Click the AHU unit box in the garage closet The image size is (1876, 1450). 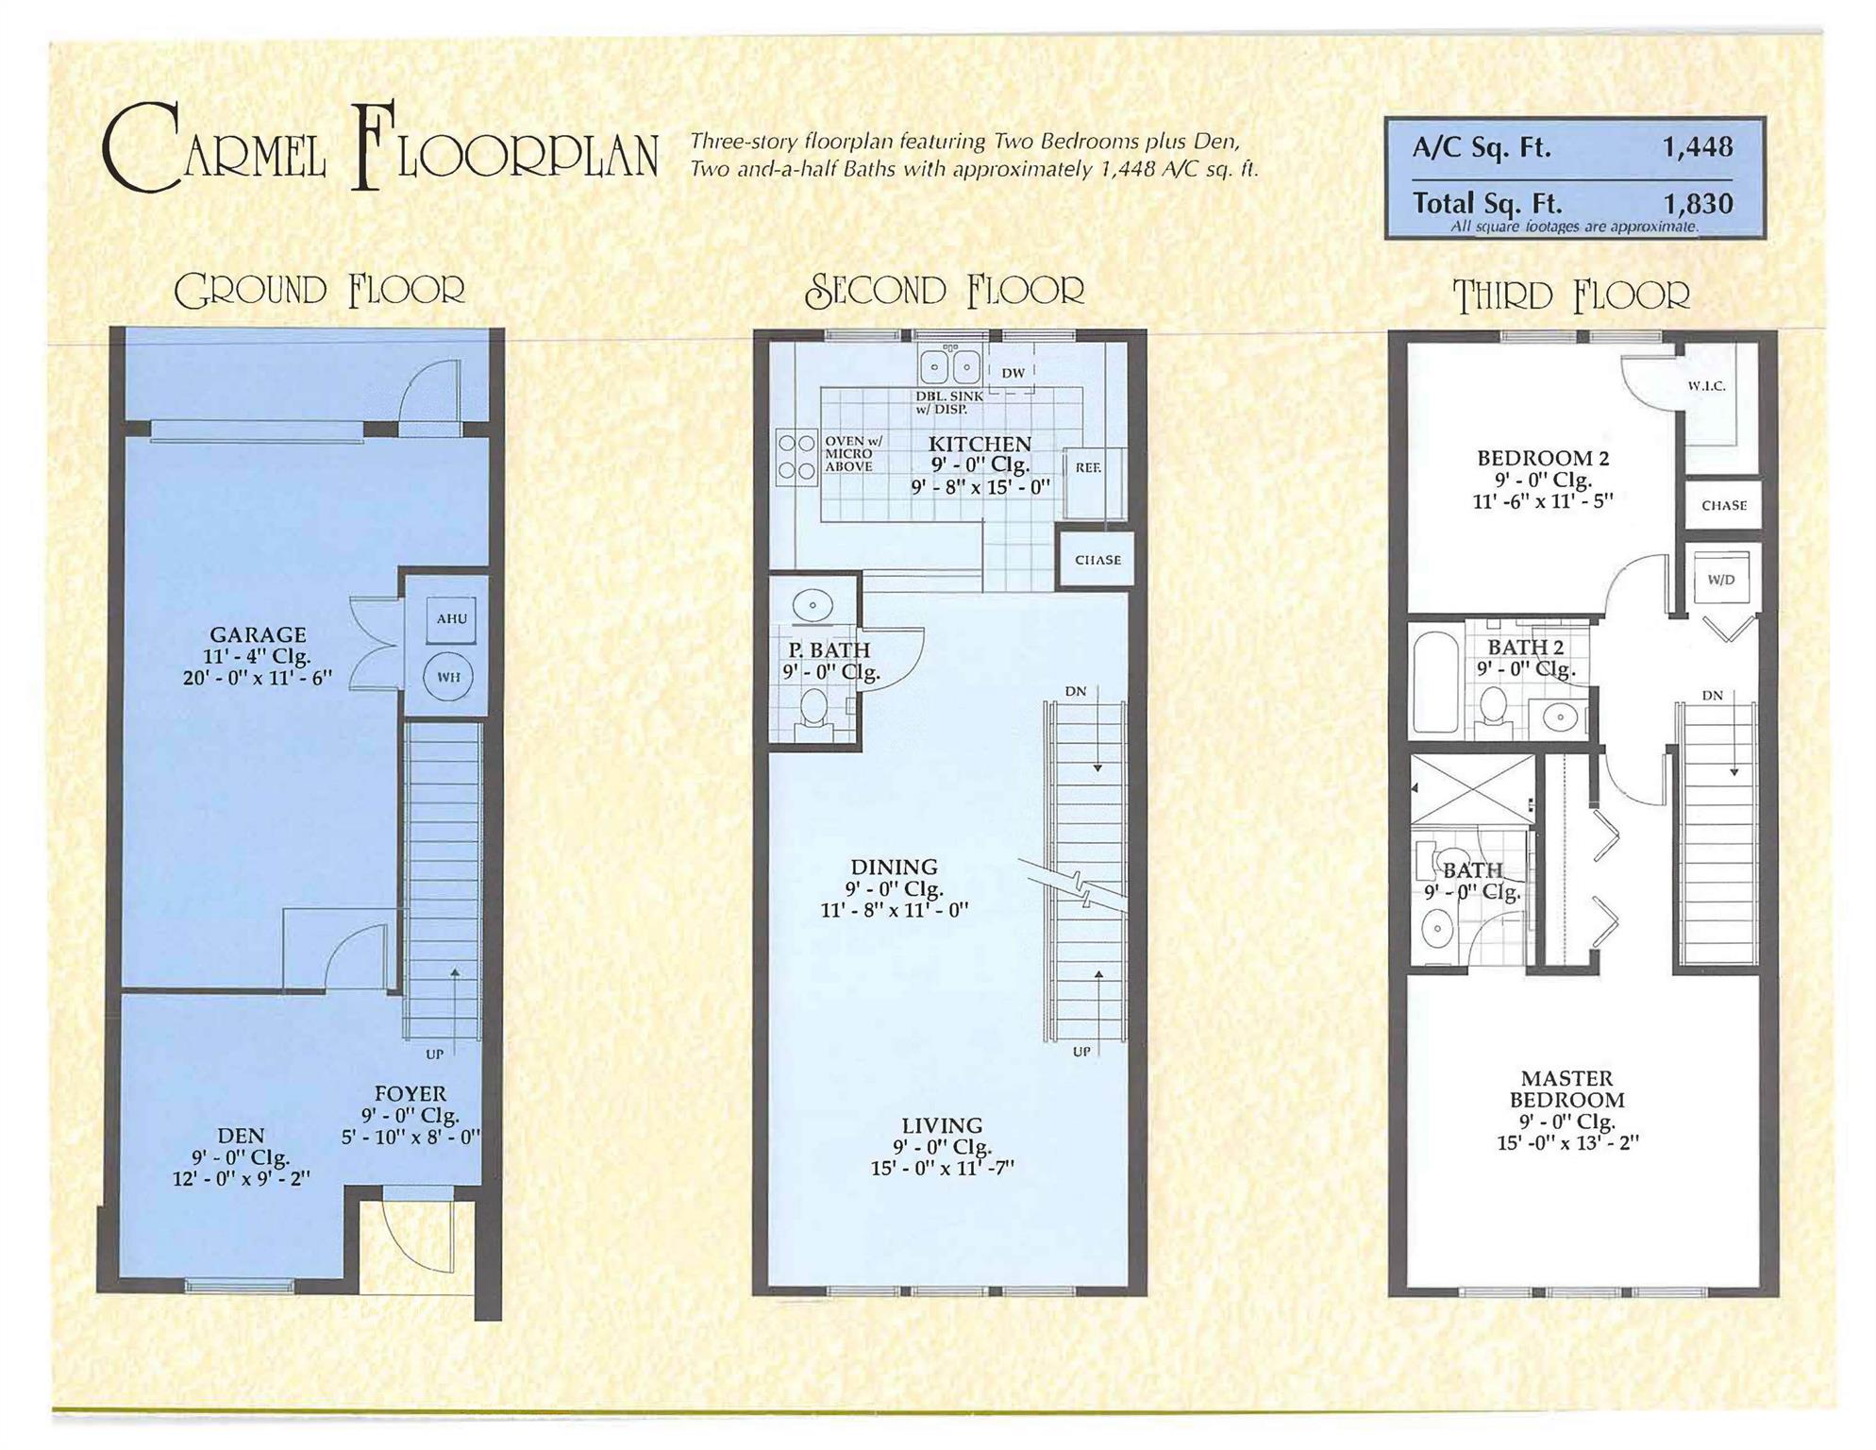click(451, 618)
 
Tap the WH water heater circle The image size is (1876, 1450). click(448, 677)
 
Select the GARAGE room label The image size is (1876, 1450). click(258, 634)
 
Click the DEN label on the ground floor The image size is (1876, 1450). click(242, 1135)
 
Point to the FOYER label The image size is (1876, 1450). click(410, 1093)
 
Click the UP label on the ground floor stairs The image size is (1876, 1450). click(434, 1054)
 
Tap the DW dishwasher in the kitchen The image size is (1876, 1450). click(1012, 372)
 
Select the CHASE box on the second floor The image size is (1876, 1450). click(1097, 560)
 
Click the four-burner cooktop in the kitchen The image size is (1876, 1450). click(796, 457)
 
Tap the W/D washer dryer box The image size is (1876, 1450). click(1721, 579)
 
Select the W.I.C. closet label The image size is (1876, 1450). click(1706, 385)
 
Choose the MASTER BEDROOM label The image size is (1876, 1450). click(1567, 1088)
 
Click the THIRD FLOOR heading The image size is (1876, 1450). click(1571, 295)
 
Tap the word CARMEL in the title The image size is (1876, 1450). click(214, 148)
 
